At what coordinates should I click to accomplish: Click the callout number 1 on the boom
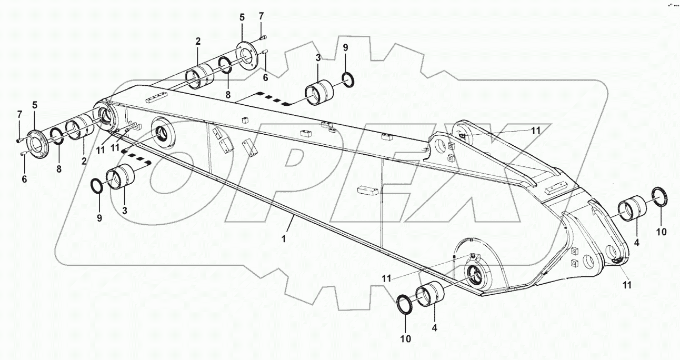(x=284, y=238)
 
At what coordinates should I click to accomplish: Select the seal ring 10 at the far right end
(x=660, y=196)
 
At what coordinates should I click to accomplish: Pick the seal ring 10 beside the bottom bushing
(x=406, y=304)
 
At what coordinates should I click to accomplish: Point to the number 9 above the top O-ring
(x=345, y=48)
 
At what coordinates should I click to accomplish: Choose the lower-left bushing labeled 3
(x=120, y=177)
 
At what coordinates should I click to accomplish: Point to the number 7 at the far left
(x=19, y=114)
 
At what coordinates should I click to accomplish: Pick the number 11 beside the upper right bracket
(x=536, y=130)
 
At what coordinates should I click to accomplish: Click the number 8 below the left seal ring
(x=59, y=169)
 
